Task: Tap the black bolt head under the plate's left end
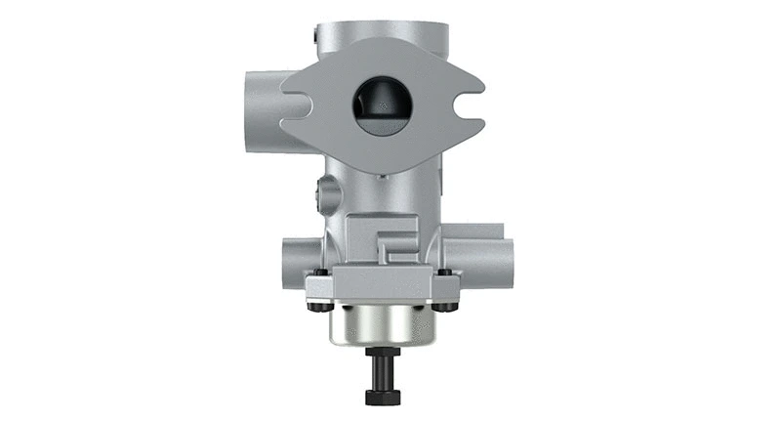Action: click(x=315, y=307)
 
